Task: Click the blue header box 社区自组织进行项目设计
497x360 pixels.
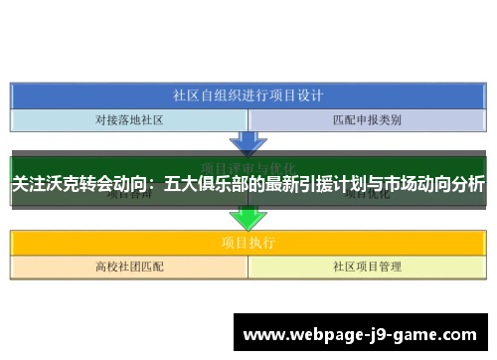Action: tap(248, 96)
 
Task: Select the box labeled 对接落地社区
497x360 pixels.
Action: tap(129, 120)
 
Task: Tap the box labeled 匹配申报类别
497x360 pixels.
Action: tap(367, 120)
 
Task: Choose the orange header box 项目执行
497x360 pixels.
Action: tap(248, 242)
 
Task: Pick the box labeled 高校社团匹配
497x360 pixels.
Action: tap(129, 267)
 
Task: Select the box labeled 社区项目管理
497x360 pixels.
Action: tap(367, 267)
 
